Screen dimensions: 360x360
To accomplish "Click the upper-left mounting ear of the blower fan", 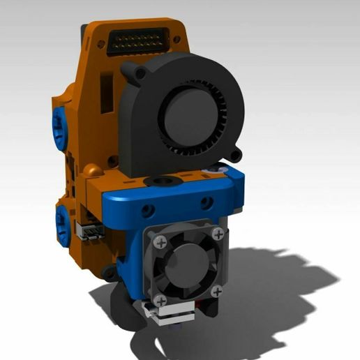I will tap(130, 70).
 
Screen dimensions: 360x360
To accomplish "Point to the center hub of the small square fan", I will tap(186, 261).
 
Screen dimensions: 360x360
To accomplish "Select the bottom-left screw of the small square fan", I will tap(161, 300).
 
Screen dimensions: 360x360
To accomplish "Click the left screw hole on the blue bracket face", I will tap(147, 210).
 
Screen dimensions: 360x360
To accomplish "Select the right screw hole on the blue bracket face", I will tap(206, 203).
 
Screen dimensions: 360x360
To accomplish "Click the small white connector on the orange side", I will tap(92, 232).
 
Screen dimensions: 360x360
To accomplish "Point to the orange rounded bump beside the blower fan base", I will tap(92, 170).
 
